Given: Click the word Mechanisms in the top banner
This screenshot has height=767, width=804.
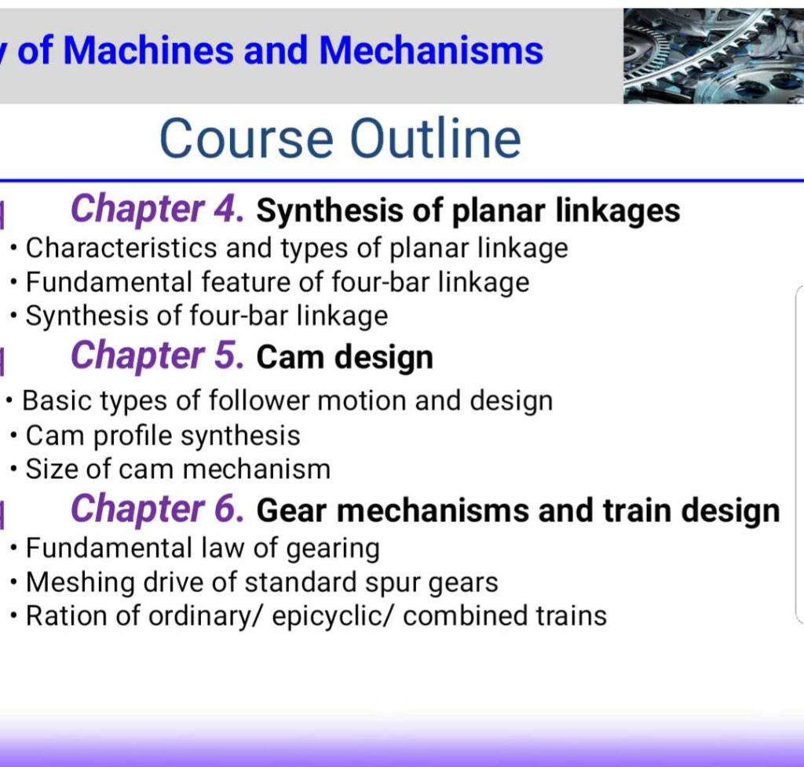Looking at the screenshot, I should pyautogui.click(x=431, y=51).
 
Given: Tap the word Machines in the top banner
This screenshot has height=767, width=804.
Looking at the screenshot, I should pyautogui.click(x=147, y=51).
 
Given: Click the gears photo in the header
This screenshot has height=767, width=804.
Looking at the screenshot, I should pyautogui.click(x=713, y=57).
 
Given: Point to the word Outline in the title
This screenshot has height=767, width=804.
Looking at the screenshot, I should pyautogui.click(x=435, y=139).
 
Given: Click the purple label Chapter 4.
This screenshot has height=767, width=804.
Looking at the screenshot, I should pyautogui.click(x=157, y=210).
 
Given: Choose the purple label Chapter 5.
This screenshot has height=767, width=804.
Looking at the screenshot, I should pyautogui.click(x=157, y=356).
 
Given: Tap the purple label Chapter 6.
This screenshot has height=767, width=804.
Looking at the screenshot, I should pyautogui.click(x=157, y=510).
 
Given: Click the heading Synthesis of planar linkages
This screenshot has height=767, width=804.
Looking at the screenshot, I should pyautogui.click(x=468, y=210).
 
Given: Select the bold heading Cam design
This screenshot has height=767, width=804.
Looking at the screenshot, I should pyautogui.click(x=345, y=358).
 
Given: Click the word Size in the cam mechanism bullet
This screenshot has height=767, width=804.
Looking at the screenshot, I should pyautogui.click(x=51, y=469).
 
